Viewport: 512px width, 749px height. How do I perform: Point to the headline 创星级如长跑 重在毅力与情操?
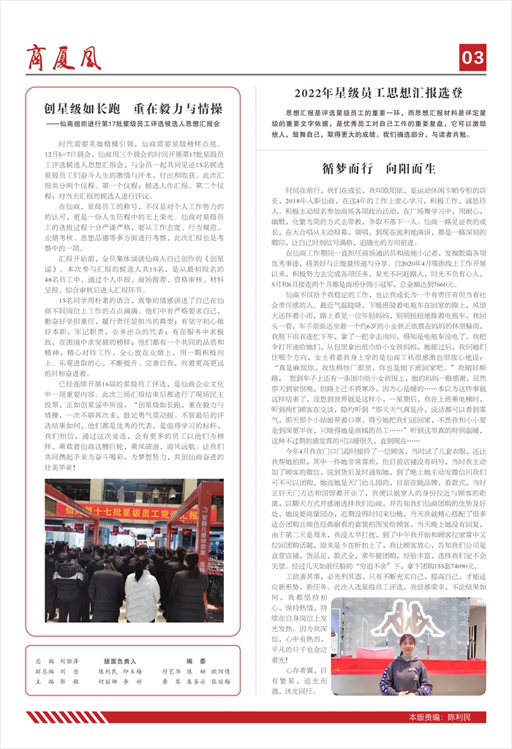point(132,109)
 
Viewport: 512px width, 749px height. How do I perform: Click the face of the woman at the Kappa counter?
point(407,646)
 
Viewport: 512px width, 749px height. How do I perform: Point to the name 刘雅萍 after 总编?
point(69,660)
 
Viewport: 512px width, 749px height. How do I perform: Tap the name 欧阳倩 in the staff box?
point(219,671)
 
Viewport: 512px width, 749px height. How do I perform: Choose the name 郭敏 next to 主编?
point(69,681)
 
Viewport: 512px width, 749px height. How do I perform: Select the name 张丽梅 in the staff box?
point(219,681)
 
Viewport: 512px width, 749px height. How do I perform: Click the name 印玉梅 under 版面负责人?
point(133,671)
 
